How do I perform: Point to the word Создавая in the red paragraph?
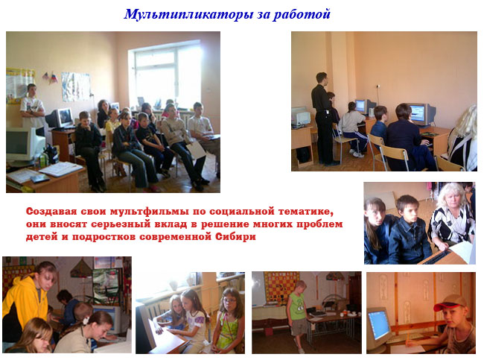click(51, 212)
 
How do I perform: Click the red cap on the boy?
click(450, 302)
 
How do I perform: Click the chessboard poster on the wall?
click(281, 285)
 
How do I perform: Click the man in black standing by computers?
click(322, 119)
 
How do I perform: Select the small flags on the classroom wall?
click(51, 78)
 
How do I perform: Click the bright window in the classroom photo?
click(165, 77)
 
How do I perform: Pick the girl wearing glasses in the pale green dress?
click(228, 320)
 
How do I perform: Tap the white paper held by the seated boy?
click(196, 150)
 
